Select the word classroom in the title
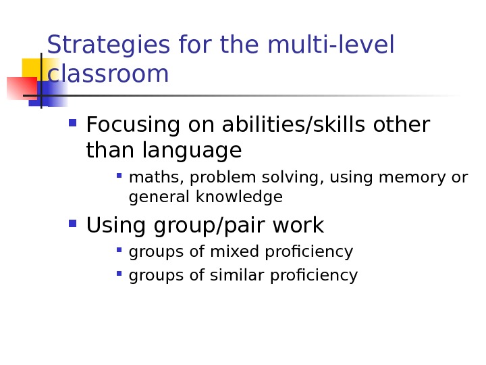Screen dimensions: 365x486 (108, 74)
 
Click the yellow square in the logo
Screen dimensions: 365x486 (34, 68)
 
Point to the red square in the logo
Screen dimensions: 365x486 (20, 89)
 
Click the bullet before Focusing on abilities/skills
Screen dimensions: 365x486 (72, 124)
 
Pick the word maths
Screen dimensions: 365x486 (146, 178)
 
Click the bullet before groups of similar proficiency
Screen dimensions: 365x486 (119, 274)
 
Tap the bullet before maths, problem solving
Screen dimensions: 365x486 (119, 176)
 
